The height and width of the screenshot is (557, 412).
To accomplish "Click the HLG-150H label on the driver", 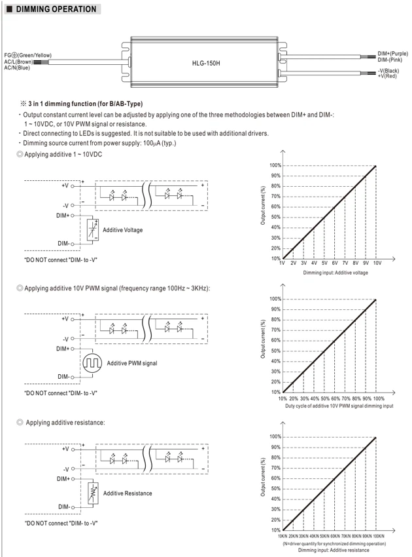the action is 206,63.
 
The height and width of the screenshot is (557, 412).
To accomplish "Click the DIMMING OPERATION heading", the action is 56,9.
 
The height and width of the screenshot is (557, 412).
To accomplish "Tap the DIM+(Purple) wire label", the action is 392,54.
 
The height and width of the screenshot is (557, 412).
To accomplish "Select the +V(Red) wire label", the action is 387,76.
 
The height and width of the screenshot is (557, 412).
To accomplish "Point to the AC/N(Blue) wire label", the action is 17,67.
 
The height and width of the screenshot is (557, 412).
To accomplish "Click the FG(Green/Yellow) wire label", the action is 27,55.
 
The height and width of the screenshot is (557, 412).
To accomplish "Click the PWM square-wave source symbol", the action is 92,362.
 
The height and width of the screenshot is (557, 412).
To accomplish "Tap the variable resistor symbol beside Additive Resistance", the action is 93,493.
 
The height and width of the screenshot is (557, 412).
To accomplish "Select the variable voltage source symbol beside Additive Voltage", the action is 93,230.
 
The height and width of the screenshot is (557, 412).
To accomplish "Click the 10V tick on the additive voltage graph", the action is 377,263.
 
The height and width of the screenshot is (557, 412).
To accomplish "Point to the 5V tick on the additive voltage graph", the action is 324,263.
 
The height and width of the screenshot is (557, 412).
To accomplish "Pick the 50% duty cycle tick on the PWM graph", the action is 325,398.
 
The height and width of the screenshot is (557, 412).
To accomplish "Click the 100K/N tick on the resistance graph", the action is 378,536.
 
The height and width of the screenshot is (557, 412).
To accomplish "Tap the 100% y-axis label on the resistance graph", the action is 275,436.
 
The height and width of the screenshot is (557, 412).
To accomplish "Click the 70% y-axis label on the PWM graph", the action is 276,330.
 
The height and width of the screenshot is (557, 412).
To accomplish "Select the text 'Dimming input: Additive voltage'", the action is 335,273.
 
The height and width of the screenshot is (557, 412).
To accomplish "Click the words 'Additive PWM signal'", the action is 132,363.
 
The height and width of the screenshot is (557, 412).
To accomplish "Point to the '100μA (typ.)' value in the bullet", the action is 160,143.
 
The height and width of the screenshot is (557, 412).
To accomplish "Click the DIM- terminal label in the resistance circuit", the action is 64,507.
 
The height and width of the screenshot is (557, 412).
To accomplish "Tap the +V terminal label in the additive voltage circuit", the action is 65,185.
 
